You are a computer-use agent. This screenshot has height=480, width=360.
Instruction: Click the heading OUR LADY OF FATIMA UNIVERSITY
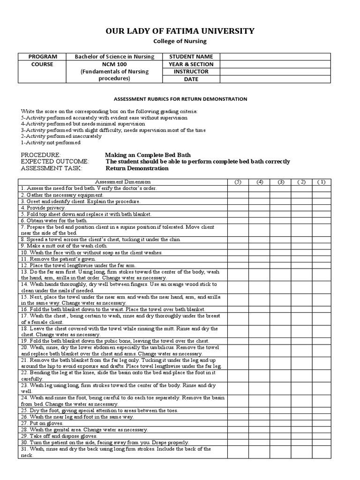(x=180, y=31)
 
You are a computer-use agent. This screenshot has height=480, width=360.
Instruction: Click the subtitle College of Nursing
(x=180, y=42)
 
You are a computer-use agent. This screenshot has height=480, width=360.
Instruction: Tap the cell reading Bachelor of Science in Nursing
(x=114, y=57)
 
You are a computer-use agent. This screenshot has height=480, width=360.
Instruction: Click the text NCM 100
(x=114, y=64)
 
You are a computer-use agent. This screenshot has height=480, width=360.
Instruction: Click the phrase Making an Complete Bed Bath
(x=148, y=155)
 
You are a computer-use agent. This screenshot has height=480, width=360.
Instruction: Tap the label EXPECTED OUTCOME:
(x=55, y=162)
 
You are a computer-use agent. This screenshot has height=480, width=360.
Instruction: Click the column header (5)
(x=238, y=182)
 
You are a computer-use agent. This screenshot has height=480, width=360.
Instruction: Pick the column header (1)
(x=321, y=182)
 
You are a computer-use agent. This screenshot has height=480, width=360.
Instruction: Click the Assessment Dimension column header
(x=123, y=182)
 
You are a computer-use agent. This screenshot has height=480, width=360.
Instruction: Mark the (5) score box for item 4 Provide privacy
(x=238, y=208)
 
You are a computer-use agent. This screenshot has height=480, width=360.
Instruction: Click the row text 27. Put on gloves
(x=42, y=423)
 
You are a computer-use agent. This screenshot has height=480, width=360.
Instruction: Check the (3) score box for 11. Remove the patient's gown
(x=280, y=259)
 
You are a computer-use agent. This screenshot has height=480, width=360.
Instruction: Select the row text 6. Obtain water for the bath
(x=54, y=220)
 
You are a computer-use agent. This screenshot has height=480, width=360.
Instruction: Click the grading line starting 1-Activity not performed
(x=51, y=142)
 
